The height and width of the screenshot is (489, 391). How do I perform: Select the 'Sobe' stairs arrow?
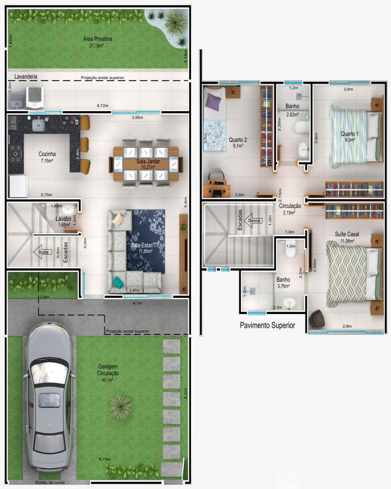coord(42,252)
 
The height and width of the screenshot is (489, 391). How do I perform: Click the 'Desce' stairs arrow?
coord(253,221)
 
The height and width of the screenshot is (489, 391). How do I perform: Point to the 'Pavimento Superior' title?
coord(267,325)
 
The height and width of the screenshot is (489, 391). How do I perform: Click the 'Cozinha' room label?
coord(47,154)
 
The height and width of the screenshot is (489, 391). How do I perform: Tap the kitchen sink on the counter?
coord(39,125)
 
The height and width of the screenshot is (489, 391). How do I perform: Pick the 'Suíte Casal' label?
coord(347,234)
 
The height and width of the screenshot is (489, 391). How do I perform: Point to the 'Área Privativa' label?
coord(97,39)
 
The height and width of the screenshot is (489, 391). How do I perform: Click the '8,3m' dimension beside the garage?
coord(186,393)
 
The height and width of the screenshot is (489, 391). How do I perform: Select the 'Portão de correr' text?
coord(50,483)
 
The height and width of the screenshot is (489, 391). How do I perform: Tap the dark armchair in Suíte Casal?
coord(317,320)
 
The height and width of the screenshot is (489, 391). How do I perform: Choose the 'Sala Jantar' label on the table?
coord(148,161)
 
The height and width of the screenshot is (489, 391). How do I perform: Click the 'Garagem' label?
coord(107,366)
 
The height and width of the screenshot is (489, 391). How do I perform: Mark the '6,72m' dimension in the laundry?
coord(102,106)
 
